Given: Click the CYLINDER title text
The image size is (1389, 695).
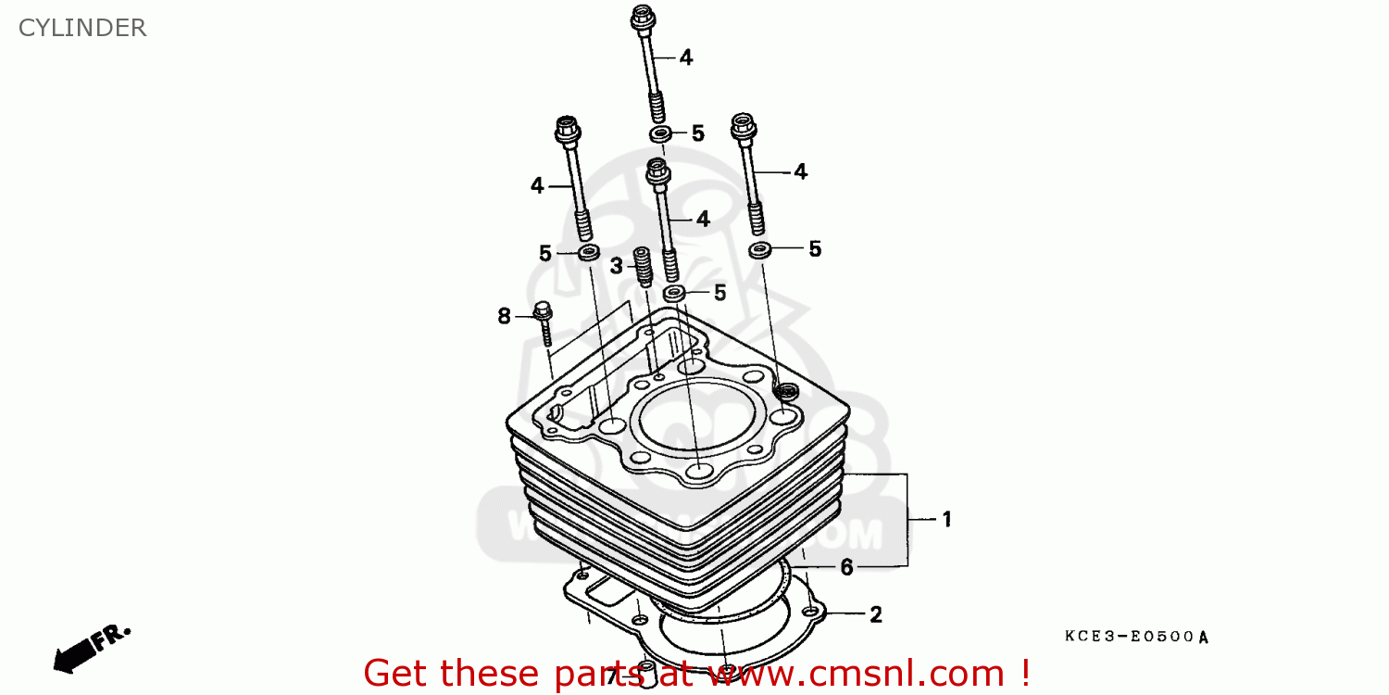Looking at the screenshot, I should click(82, 28).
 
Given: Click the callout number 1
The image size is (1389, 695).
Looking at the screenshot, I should click(946, 520).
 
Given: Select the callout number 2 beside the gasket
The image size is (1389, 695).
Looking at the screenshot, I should click(875, 614).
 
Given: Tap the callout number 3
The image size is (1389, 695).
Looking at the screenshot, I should click(617, 267).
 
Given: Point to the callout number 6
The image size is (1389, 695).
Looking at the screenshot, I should click(846, 567).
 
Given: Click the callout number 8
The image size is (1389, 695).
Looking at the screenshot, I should click(505, 317).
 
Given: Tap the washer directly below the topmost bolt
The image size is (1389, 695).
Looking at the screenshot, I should click(660, 135).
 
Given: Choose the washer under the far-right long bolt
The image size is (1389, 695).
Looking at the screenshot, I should click(761, 249).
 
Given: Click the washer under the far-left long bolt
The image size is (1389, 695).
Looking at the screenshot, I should click(588, 253).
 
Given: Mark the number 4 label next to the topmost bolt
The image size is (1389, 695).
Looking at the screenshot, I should click(685, 57).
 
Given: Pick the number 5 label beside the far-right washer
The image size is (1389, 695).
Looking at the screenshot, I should click(815, 248).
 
